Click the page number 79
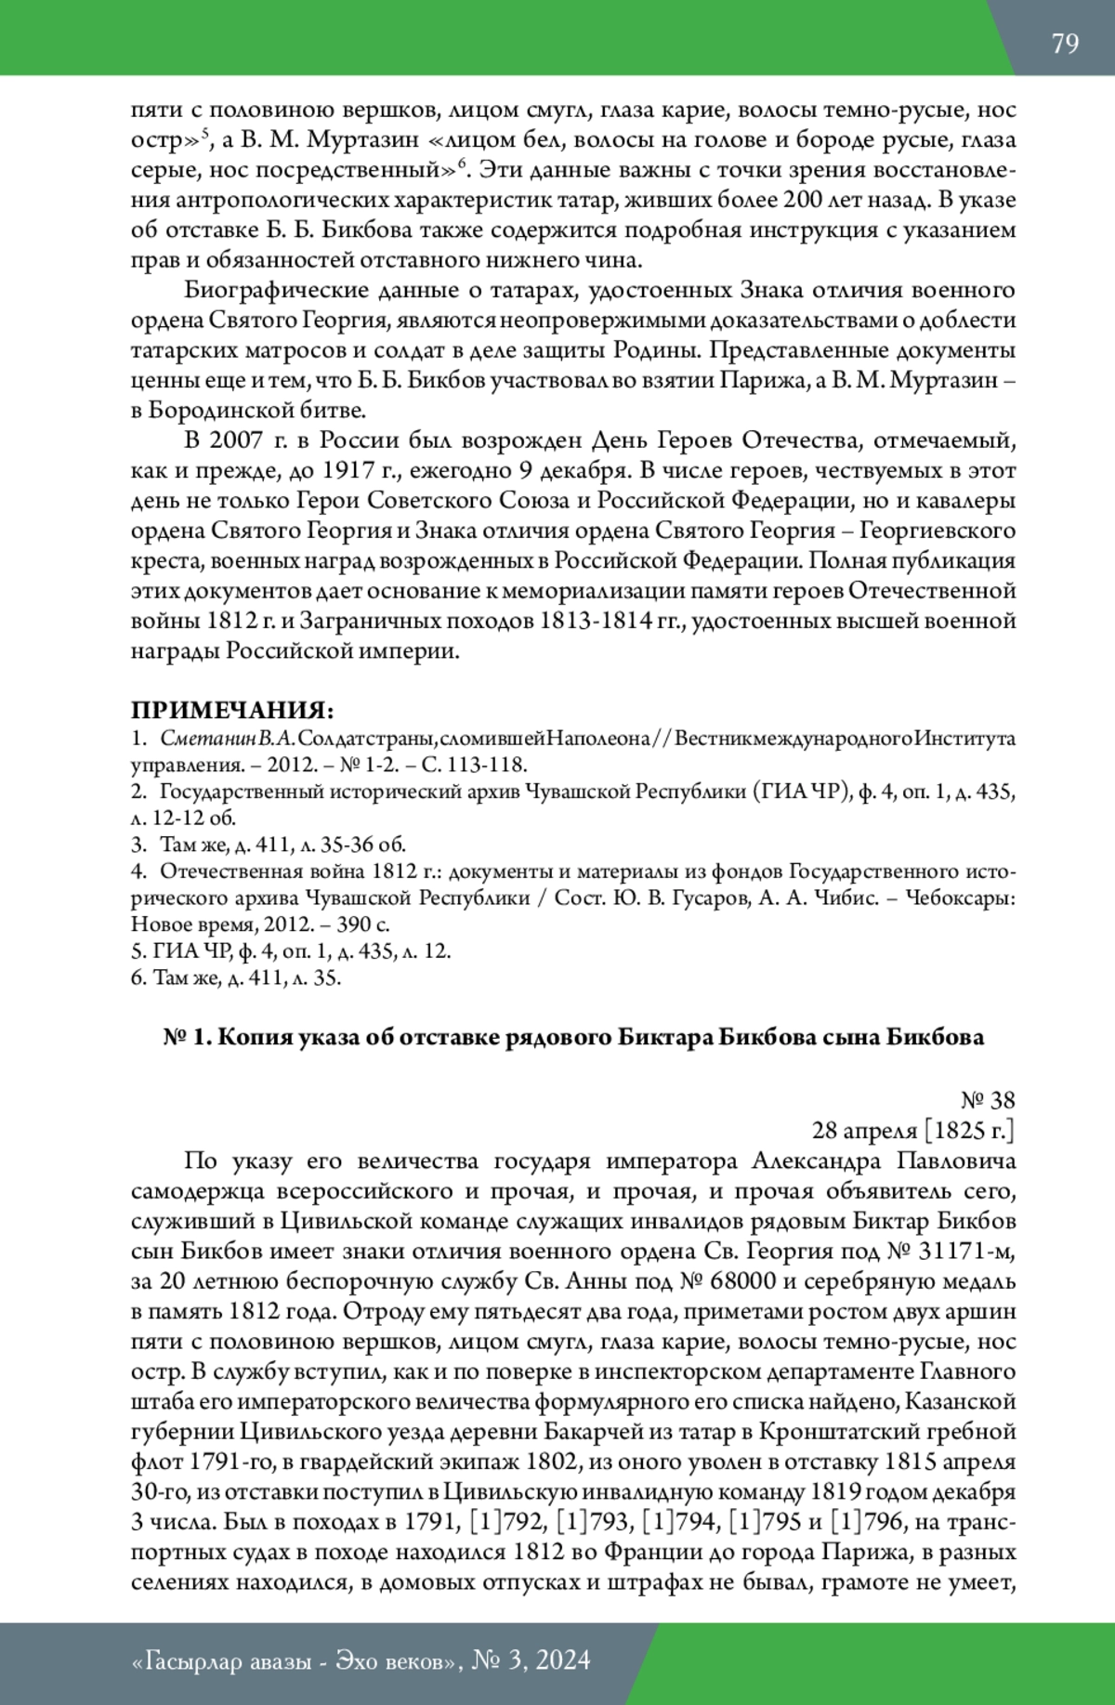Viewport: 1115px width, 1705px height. [x=1065, y=44]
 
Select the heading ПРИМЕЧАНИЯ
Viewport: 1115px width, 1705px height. [x=230, y=711]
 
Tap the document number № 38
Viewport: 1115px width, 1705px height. [x=988, y=1101]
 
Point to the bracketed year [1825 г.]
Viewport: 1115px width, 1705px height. [x=968, y=1131]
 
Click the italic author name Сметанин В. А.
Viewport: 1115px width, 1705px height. [x=228, y=740]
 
